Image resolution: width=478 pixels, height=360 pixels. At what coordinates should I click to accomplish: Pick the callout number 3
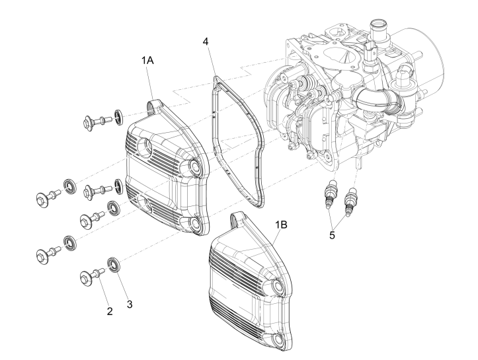(130, 305)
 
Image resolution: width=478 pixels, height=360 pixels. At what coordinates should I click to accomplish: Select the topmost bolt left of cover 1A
(95, 121)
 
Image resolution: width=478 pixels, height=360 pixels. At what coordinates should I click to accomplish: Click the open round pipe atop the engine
(381, 29)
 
